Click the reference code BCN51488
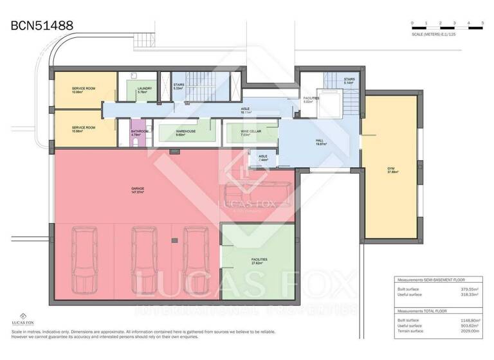click(x=42, y=25)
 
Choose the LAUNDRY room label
click(x=144, y=90)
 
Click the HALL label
click(x=320, y=143)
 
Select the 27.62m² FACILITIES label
click(x=259, y=261)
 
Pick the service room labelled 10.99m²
click(x=84, y=90)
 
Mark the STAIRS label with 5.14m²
click(x=331, y=82)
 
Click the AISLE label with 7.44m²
click(x=262, y=157)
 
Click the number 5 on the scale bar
click(x=483, y=23)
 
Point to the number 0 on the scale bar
click(x=412, y=23)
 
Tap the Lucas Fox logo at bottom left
click(x=23, y=319)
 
